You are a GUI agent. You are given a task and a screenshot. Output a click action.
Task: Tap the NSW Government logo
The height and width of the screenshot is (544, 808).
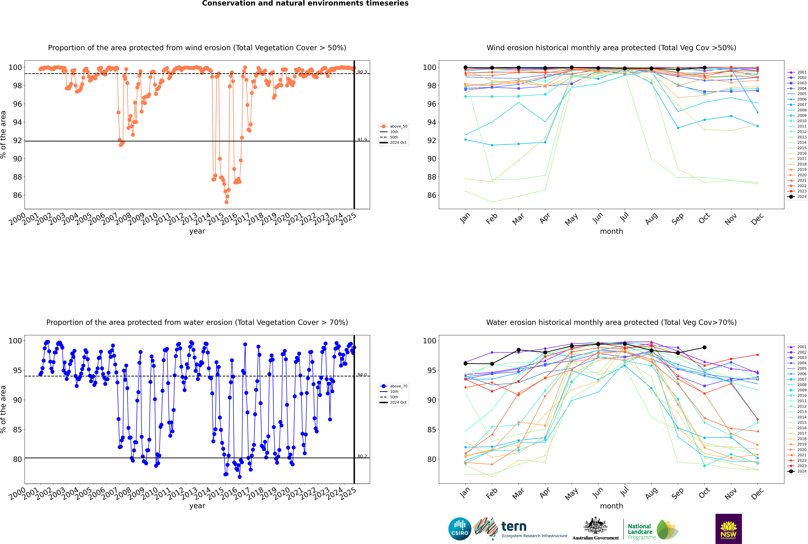728,528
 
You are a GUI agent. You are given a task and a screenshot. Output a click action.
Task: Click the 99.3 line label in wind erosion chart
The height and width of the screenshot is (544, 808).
362,72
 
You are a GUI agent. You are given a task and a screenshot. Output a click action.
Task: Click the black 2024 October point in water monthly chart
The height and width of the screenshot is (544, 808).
704,347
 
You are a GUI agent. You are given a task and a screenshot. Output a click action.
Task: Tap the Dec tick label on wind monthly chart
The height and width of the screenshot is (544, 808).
757,219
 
